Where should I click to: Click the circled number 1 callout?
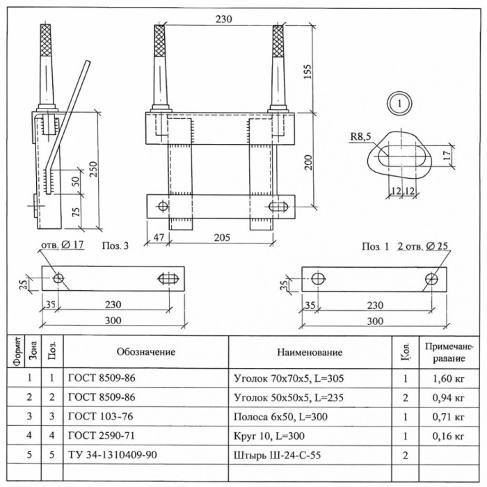pos(399,104)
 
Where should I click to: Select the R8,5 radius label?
pos(360,136)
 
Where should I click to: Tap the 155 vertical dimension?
pos(308,72)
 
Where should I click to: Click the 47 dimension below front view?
pos(159,238)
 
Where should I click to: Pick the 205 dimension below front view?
pos(223,238)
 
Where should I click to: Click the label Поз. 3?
pos(115,246)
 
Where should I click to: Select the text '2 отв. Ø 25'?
pos(423,246)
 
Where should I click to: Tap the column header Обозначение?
pos(146,352)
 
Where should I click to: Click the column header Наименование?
pos(310,352)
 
